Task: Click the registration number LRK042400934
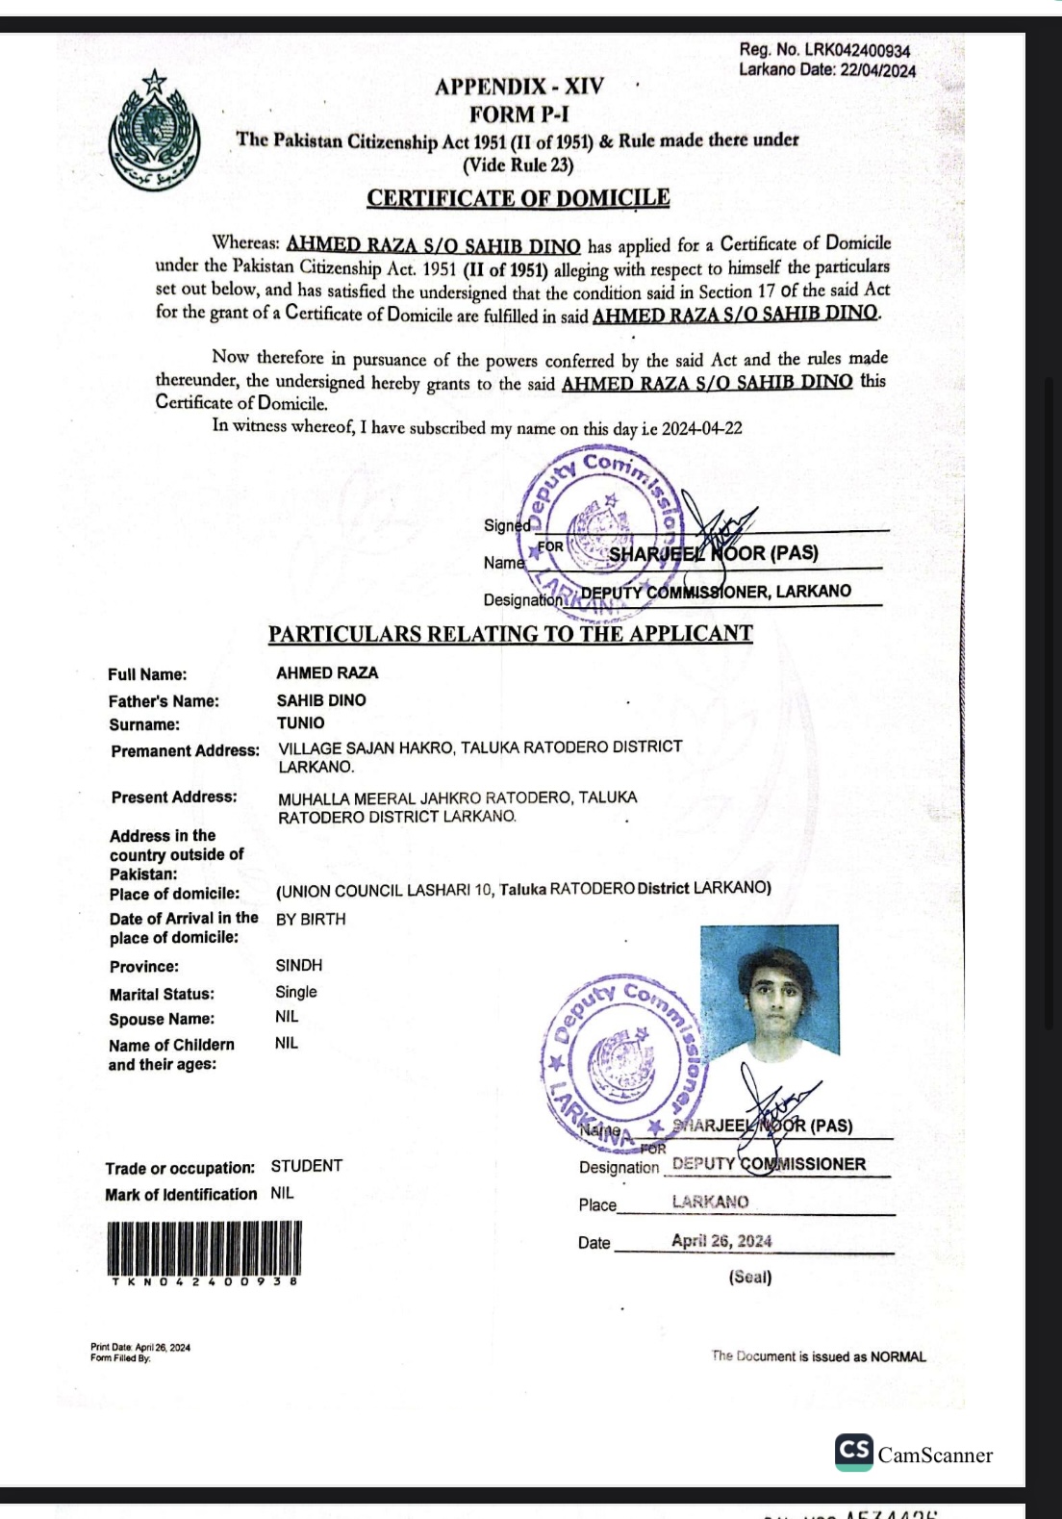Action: click(857, 50)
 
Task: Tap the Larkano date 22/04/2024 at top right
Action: click(877, 70)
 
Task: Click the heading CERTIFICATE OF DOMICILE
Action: click(518, 198)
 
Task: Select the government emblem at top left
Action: click(154, 131)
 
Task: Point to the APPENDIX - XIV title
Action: click(518, 87)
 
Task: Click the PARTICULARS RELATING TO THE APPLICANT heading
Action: click(510, 634)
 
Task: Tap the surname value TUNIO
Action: click(300, 723)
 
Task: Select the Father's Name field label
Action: click(164, 701)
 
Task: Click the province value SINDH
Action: click(298, 965)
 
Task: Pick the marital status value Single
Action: click(295, 992)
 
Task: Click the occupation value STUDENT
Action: click(306, 1166)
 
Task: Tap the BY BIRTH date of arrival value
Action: click(310, 920)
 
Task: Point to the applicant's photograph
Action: click(769, 991)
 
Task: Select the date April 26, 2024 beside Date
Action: click(721, 1241)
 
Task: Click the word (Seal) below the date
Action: click(750, 1278)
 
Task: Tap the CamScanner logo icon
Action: click(854, 1453)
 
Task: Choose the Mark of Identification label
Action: click(181, 1195)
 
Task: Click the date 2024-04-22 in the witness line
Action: click(701, 429)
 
